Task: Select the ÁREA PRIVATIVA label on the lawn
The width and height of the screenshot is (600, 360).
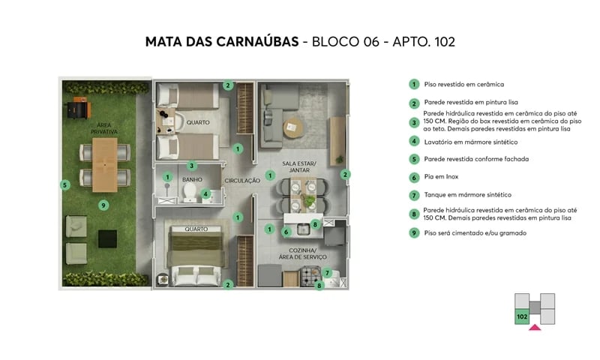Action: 103,128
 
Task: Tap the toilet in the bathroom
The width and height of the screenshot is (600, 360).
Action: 188,193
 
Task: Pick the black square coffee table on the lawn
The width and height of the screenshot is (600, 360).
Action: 108,238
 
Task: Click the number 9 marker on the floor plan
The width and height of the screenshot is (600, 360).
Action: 104,205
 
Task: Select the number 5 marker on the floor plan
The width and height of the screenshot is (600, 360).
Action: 65,184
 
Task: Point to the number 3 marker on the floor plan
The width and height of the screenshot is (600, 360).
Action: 192,166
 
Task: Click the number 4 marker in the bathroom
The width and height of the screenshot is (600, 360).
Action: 205,193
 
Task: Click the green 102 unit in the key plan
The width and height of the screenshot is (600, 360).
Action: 521,316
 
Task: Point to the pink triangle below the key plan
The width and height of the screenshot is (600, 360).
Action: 534,327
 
